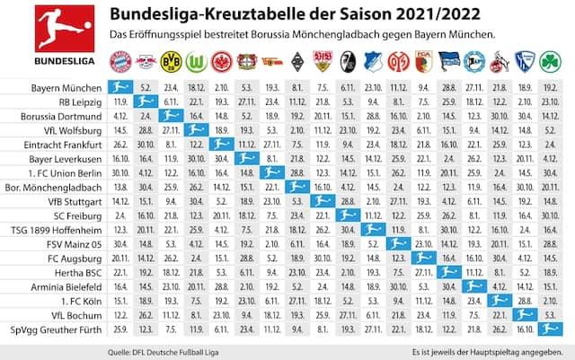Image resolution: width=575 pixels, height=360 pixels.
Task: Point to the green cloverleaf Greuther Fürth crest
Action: (550, 62)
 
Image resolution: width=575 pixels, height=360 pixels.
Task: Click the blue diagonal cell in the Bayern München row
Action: (119, 86)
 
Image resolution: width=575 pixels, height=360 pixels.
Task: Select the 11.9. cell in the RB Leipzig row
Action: (119, 101)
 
